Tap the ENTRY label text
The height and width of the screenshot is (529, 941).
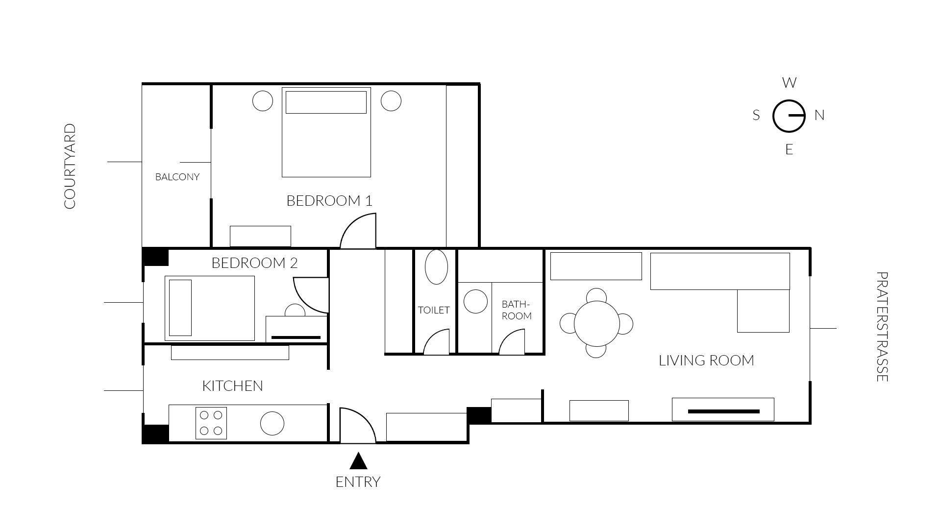[358, 482]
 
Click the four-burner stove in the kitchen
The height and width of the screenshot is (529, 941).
[211, 423]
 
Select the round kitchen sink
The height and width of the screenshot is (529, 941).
[272, 423]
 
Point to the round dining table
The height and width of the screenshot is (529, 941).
[596, 324]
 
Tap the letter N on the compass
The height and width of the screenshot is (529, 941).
[819, 116]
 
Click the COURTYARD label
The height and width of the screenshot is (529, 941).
[70, 166]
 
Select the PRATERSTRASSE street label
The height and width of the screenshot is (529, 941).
[882, 327]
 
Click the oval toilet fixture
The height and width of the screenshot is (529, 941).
[436, 267]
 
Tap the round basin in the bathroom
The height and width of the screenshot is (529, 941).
[475, 301]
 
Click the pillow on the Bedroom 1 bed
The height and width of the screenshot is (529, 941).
[326, 102]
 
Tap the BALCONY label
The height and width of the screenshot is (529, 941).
[177, 177]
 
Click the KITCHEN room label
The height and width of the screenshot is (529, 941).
[232, 386]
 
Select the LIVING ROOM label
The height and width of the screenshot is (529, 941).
[706, 361]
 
